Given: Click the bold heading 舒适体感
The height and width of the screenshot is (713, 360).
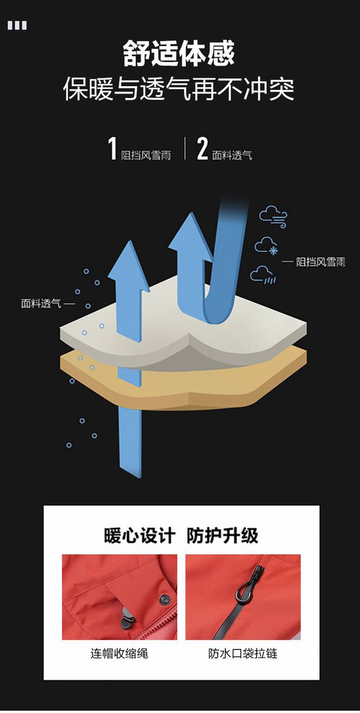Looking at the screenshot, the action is coord(179,53).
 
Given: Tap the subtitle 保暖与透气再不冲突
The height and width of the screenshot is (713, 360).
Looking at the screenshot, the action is coord(179,89).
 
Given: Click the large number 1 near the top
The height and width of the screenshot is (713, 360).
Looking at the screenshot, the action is coord(112,149).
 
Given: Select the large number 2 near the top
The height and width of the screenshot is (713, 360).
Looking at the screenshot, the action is coord(202,149).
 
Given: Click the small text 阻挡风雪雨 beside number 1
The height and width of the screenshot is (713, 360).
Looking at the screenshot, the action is coord(146,155).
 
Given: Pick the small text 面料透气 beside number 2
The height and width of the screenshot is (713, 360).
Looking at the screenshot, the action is coord(232,155).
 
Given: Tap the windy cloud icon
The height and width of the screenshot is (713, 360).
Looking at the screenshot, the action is coord(273,217).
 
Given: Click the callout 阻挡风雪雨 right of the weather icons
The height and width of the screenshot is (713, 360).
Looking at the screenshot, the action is coord(321,262).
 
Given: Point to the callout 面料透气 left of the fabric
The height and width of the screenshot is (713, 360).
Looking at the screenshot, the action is coord(41,303).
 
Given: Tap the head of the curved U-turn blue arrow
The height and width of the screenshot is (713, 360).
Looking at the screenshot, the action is coord(190,236).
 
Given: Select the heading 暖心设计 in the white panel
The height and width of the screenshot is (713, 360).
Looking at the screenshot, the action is coord(139,535).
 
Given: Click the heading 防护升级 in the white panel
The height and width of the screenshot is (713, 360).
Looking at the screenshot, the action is coord(222,535).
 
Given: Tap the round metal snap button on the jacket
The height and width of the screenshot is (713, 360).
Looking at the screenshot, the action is coord(165,599).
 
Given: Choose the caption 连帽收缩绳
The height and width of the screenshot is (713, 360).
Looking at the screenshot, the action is coord(119,653).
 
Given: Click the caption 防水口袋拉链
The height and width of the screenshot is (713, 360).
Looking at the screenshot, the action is coord(243,653).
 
